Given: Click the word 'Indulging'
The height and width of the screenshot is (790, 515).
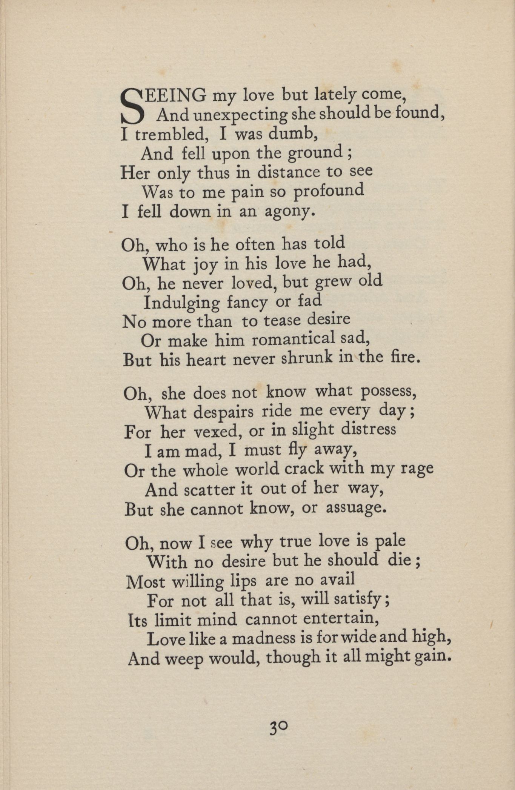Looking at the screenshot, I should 181,303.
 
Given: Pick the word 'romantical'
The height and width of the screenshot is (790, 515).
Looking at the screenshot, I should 293,340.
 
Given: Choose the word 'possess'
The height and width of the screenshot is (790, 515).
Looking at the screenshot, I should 388,392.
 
